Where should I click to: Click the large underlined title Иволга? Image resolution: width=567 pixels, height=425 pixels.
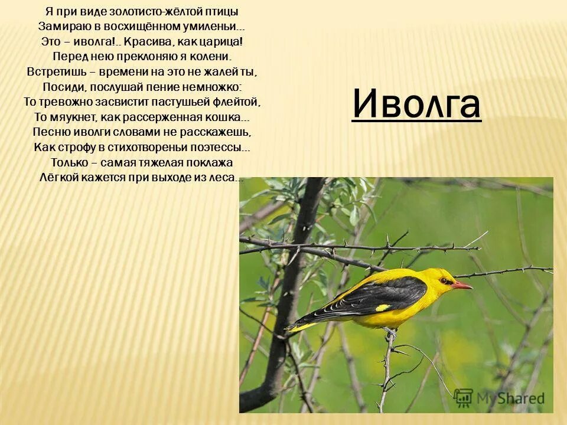[x=416, y=104]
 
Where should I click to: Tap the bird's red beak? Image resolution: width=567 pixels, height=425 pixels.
[x=462, y=285]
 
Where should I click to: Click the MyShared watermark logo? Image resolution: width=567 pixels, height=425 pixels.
[x=499, y=398]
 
